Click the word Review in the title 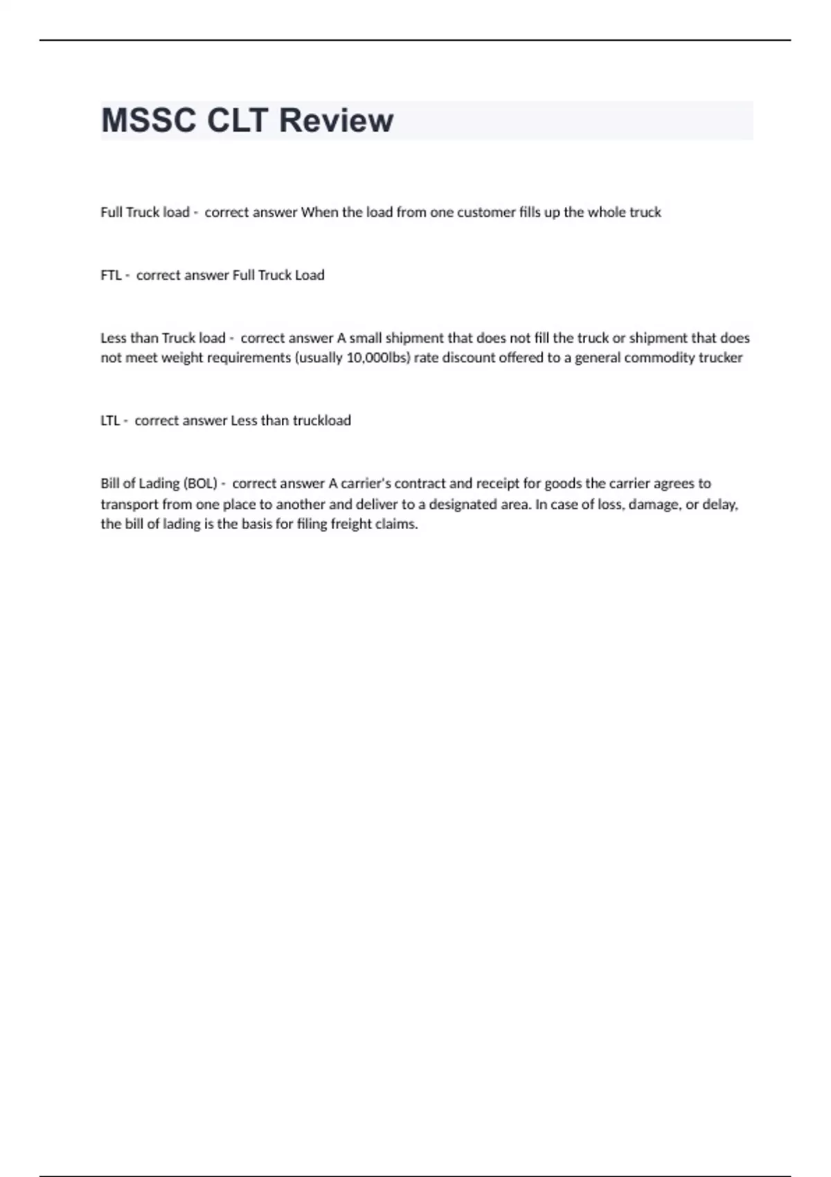pos(336,120)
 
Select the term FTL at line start pos(111,275)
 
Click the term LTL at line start pos(110,420)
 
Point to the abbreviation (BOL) pos(200,483)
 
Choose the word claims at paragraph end pos(397,524)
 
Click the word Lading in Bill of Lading pos(159,483)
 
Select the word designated pos(463,504)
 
